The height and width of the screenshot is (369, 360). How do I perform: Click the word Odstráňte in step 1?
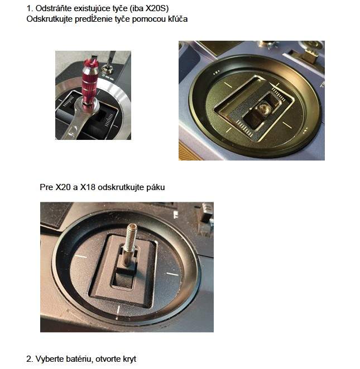[54, 8]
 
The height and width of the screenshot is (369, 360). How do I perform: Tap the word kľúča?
[177, 19]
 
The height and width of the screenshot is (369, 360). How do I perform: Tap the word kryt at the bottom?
[129, 360]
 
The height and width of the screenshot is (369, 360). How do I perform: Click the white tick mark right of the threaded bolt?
[172, 274]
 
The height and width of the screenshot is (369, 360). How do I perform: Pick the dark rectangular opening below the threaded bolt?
[122, 279]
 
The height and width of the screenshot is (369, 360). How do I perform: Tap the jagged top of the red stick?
[91, 62]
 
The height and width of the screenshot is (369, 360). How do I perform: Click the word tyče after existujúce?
[119, 9]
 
